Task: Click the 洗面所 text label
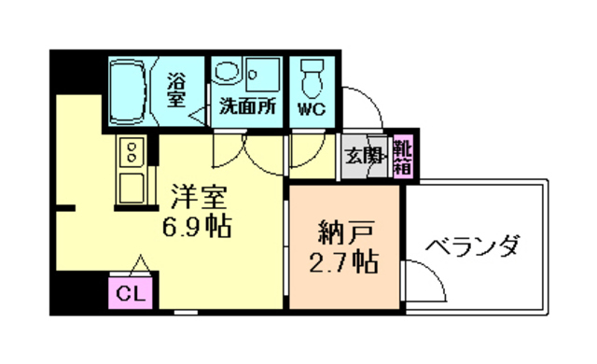[x=247, y=106]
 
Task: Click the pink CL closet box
[x=132, y=293]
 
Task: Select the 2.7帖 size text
[x=343, y=261]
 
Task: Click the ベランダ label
[x=473, y=247]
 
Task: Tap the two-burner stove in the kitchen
[x=132, y=151]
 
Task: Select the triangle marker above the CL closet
[x=139, y=264]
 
